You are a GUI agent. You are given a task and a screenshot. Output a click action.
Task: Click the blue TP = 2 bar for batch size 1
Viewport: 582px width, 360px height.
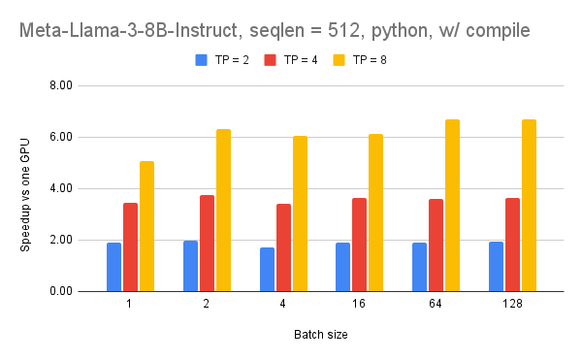click(114, 267)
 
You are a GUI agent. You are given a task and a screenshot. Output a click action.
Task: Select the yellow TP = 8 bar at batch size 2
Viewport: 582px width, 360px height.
click(223, 211)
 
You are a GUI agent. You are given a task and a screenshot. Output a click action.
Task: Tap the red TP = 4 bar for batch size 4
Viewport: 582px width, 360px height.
click(283, 247)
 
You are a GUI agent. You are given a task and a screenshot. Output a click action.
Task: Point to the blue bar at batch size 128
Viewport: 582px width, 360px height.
click(497, 266)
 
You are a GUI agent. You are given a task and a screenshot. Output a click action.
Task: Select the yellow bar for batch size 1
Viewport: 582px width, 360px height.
click(146, 226)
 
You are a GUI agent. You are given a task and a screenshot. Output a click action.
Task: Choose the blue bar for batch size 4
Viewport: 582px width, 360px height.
click(267, 269)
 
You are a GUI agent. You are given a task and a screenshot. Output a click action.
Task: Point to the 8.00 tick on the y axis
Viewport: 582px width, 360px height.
click(61, 85)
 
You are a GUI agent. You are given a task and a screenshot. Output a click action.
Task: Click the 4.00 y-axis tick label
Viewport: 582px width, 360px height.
click(61, 188)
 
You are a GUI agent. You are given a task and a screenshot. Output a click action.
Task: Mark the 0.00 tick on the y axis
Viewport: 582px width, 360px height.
click(61, 291)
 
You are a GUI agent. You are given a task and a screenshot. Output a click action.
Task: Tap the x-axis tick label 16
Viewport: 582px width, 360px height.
click(360, 305)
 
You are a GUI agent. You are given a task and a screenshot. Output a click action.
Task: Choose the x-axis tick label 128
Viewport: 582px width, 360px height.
click(513, 305)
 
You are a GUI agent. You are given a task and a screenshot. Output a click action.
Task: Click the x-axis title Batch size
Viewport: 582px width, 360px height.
click(321, 335)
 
